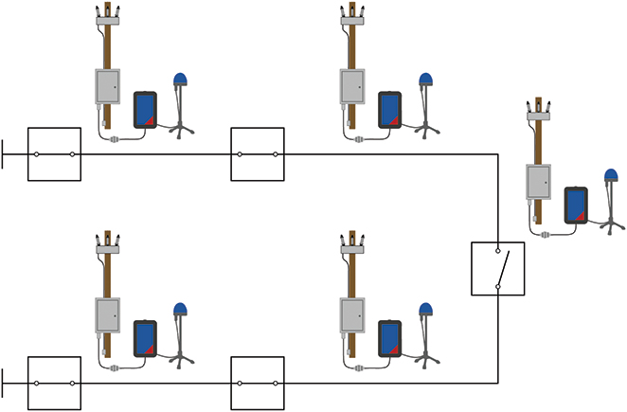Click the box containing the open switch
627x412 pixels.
[497, 269]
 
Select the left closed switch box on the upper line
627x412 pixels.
[55, 153]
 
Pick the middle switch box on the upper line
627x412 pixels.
[258, 153]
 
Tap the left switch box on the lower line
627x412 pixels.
[55, 383]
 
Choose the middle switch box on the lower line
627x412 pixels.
[258, 383]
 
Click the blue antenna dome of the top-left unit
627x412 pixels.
[180, 81]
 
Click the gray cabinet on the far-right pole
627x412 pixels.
[539, 181]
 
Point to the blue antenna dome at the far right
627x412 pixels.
[611, 175]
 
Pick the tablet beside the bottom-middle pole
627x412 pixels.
[390, 337]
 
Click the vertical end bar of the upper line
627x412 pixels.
[4, 153]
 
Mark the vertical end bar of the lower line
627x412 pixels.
[4, 383]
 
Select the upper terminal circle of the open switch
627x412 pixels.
[498, 253]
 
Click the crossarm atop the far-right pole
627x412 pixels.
[539, 115]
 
